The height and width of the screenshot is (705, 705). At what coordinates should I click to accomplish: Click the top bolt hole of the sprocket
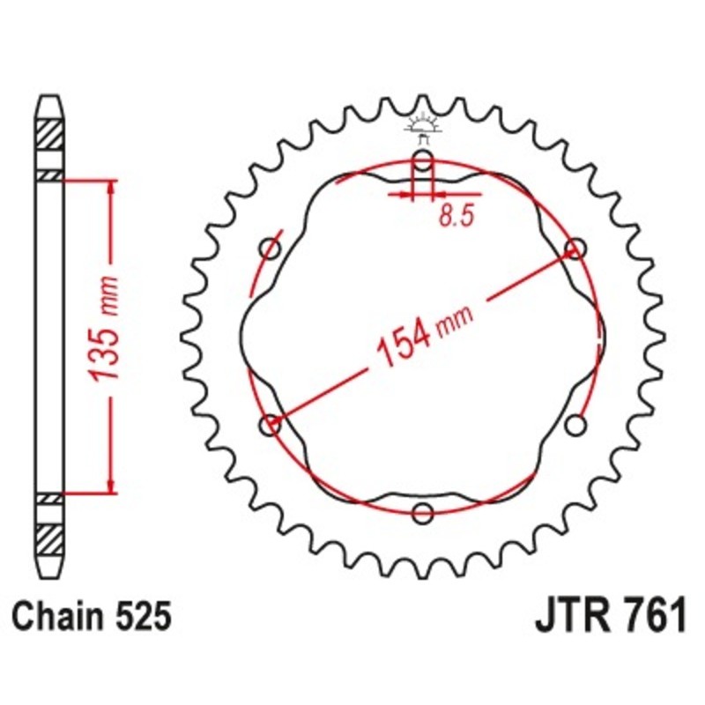(423, 160)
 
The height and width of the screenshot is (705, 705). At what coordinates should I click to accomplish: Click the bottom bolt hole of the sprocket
(423, 513)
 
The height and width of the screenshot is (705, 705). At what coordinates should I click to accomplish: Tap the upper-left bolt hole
(271, 249)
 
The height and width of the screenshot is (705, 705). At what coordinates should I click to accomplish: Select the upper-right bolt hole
(575, 249)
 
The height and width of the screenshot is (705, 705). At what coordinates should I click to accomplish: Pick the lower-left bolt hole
(271, 426)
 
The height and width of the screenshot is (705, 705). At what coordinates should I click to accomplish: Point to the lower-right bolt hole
(575, 426)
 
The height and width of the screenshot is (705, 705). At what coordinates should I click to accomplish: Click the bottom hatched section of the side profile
(49, 536)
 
